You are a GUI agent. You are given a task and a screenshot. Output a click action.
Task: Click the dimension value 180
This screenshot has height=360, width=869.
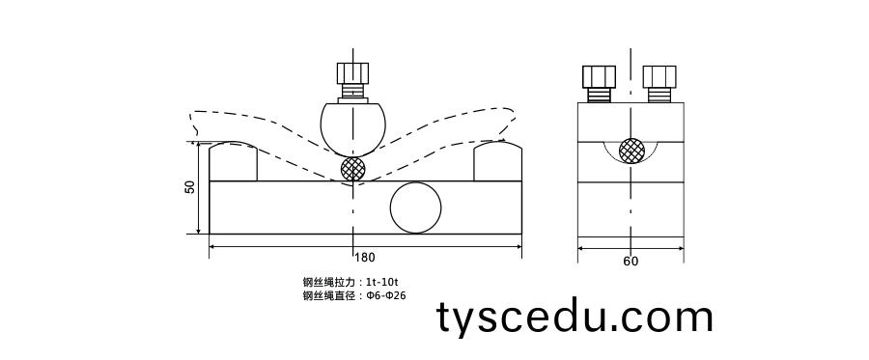tap(365, 258)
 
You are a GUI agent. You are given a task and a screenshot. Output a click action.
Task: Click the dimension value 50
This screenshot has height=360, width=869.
tap(190, 187)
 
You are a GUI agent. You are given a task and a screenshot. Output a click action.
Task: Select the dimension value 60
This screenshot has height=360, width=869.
tap(631, 261)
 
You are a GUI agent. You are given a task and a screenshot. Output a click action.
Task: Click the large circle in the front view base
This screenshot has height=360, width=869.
tap(416, 208)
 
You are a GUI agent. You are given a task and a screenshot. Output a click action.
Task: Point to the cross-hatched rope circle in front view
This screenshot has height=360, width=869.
tap(353, 169)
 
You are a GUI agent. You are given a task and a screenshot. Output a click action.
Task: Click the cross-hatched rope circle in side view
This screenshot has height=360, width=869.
tap(631, 151)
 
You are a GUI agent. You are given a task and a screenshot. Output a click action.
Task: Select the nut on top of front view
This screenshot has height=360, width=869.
tap(352, 73)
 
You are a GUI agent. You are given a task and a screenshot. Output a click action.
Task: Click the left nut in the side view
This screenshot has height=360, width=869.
tap(600, 76)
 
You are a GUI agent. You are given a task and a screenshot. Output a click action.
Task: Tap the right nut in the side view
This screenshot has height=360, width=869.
tap(661, 76)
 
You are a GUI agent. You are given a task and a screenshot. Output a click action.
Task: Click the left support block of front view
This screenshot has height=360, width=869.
tap(233, 162)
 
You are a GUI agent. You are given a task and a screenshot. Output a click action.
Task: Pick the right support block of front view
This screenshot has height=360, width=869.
tap(497, 162)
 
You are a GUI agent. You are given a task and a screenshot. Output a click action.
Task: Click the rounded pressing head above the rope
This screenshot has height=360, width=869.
tap(353, 126)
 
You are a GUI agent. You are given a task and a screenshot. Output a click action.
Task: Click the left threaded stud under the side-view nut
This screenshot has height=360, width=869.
tap(600, 95)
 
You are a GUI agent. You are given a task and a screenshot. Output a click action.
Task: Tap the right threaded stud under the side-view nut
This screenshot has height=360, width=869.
tap(661, 95)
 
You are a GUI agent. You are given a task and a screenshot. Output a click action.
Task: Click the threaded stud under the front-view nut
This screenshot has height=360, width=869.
tap(353, 93)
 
